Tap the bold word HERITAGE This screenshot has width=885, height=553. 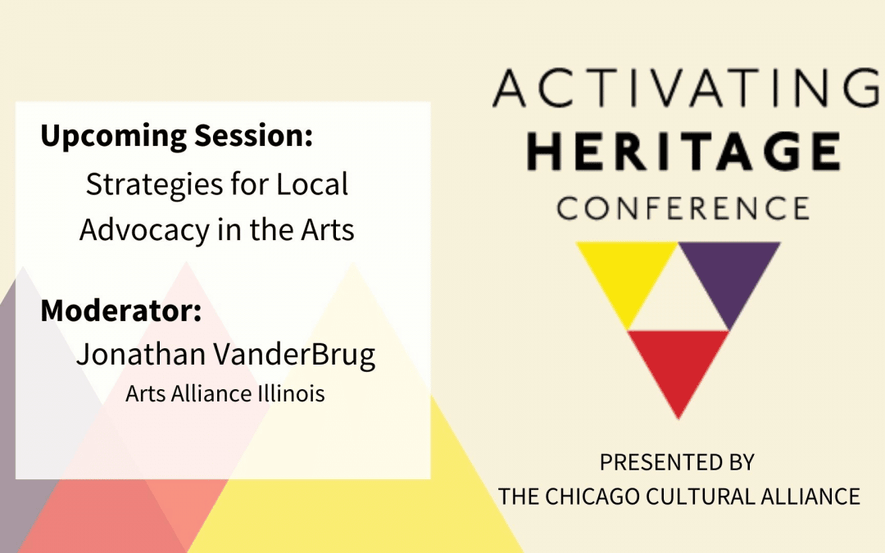(x=684, y=152)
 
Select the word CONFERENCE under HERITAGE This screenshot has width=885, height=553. (x=683, y=208)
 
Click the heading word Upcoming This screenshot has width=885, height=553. (x=113, y=137)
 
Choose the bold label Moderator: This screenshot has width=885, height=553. (x=120, y=310)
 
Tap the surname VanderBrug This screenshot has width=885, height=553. (x=294, y=356)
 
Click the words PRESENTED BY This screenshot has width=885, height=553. (x=677, y=463)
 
